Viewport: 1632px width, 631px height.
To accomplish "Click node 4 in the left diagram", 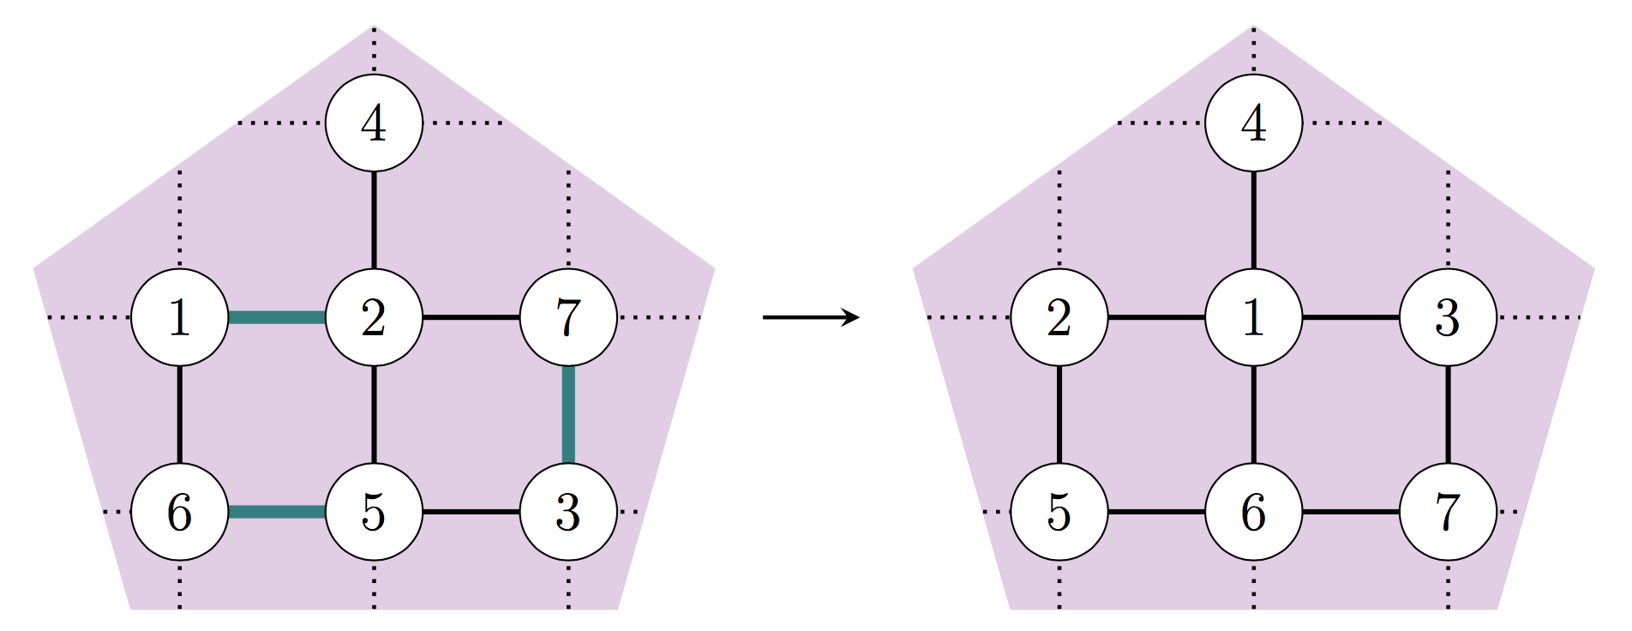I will point(374,123).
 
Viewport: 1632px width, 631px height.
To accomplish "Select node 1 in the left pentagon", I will point(179,318).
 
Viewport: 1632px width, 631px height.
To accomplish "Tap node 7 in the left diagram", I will point(568,318).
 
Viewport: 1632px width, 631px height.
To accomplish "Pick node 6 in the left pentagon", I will point(179,513).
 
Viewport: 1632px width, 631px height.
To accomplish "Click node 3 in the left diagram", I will point(568,513).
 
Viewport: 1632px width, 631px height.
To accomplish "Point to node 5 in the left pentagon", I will point(374,513).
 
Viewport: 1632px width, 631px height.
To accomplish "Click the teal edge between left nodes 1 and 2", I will point(276,318).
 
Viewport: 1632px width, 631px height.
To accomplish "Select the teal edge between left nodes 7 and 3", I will point(568,415).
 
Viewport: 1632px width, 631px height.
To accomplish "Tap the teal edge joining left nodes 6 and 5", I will point(276,513).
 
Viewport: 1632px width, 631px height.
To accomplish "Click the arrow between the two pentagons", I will point(810,318).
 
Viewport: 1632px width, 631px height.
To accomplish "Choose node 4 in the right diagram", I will point(1253,123).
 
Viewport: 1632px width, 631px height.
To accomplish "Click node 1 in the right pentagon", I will point(1253,318).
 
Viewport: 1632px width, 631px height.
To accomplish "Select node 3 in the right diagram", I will point(1448,318).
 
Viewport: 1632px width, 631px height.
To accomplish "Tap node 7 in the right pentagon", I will point(1448,513).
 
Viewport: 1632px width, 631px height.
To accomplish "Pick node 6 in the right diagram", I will point(1253,513).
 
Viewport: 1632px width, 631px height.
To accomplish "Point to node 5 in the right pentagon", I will point(1059,513).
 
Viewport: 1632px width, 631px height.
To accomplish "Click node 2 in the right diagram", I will point(1059,318).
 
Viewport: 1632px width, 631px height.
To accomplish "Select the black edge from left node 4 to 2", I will point(374,220).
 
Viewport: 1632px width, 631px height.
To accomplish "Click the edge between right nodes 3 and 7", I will point(1448,415).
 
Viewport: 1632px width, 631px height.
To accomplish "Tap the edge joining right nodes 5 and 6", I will point(1156,513).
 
